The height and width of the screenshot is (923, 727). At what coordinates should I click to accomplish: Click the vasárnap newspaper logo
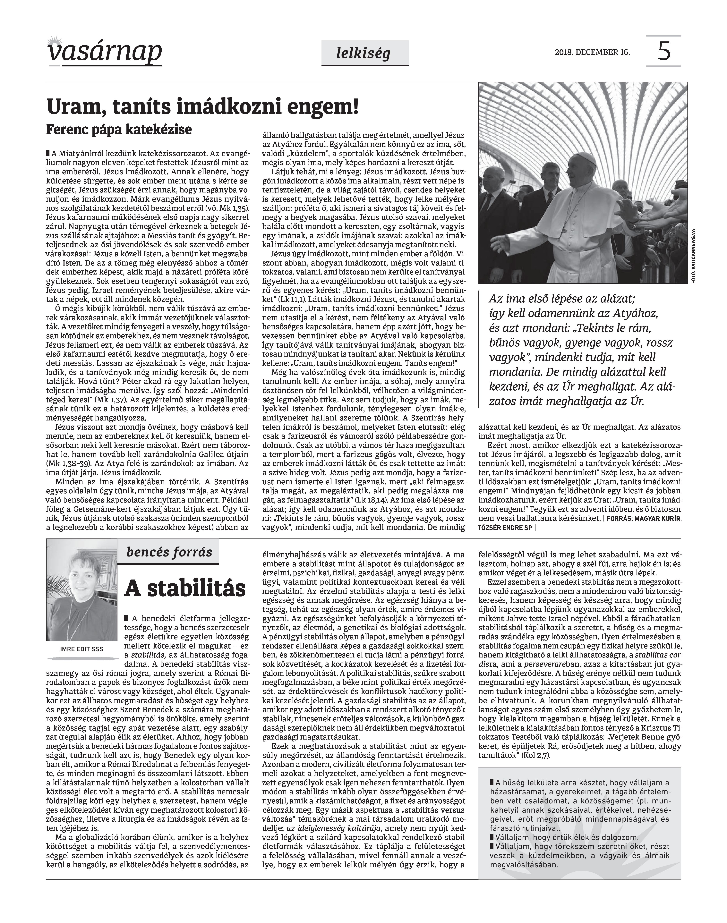click(x=104, y=52)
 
